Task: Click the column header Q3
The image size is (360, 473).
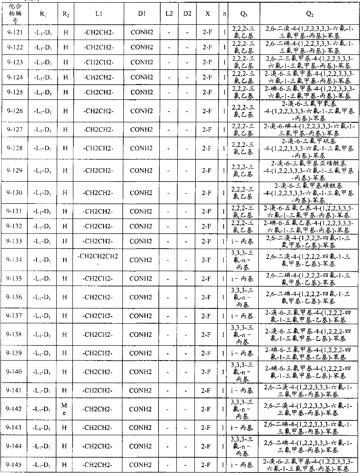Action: click(x=243, y=14)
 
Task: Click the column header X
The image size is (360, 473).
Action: click(x=207, y=14)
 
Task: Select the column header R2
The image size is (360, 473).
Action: click(x=66, y=14)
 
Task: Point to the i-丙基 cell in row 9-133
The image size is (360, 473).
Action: click(x=243, y=241)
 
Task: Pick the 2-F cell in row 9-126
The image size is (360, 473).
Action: click(x=207, y=111)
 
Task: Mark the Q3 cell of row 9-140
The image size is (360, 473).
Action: click(x=243, y=371)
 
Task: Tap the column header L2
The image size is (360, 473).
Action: click(x=169, y=14)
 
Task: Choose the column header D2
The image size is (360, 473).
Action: click(x=187, y=14)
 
